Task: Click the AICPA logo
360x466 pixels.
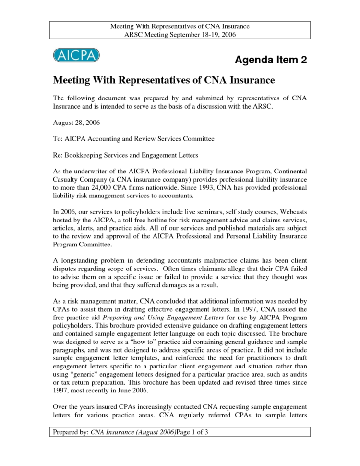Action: point(76,55)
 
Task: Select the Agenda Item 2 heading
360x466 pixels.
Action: point(270,60)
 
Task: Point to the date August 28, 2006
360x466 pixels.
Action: point(76,123)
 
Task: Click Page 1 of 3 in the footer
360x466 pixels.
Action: point(192,432)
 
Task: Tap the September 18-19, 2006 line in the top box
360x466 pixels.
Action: point(180,35)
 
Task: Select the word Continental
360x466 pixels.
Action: point(286,172)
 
